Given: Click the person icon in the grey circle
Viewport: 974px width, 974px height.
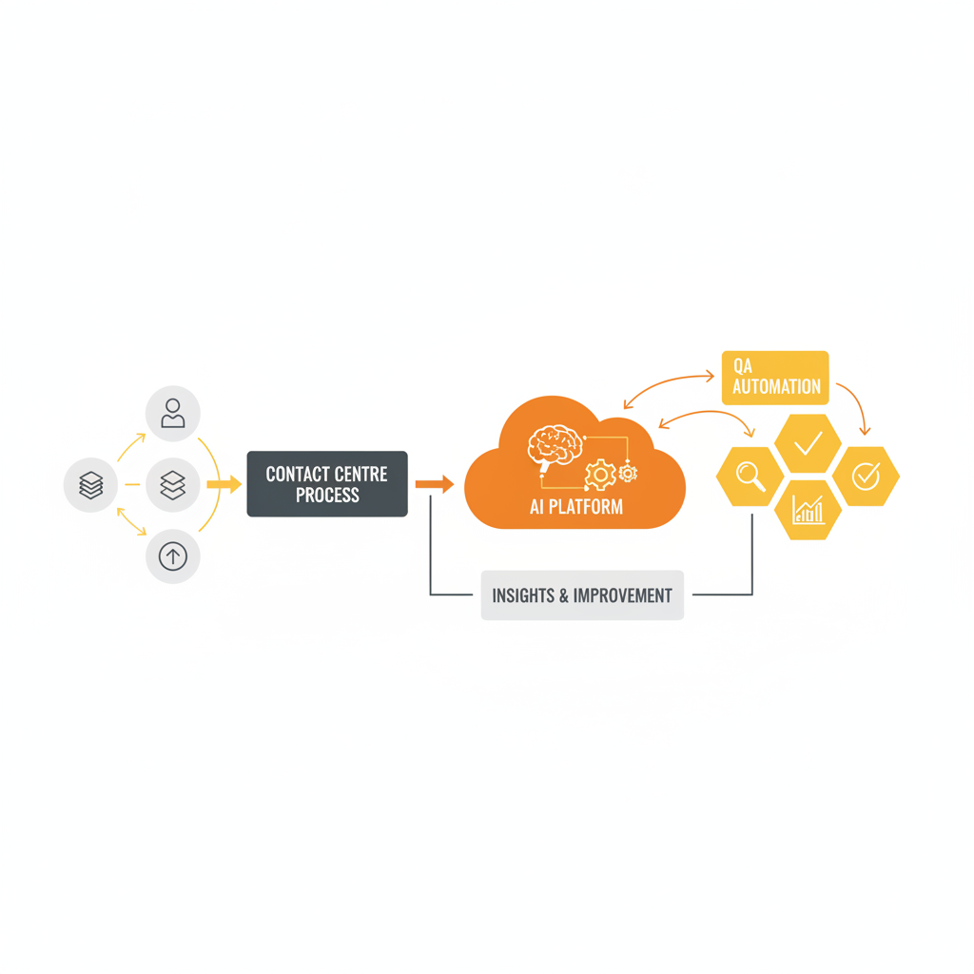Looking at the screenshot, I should pyautogui.click(x=173, y=414).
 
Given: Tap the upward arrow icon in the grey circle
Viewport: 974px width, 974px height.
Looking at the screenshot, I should pyautogui.click(x=173, y=556).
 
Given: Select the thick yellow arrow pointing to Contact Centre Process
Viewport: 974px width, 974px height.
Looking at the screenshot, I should pyautogui.click(x=224, y=485).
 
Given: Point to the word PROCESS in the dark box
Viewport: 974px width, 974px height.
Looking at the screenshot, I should pyautogui.click(x=327, y=496).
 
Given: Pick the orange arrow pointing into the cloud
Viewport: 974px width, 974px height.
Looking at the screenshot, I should pyautogui.click(x=435, y=485).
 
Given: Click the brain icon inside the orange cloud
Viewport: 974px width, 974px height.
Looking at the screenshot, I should pyautogui.click(x=554, y=445).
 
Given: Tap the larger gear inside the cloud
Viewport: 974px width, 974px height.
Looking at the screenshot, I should pyautogui.click(x=599, y=474).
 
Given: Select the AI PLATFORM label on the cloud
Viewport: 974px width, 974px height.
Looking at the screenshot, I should pyautogui.click(x=576, y=507).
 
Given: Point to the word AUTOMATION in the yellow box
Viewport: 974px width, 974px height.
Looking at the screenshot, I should pyautogui.click(x=776, y=387).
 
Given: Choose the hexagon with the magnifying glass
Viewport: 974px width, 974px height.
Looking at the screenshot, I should pyautogui.click(x=750, y=476).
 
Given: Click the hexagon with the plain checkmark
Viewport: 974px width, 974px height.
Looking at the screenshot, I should pyautogui.click(x=808, y=443).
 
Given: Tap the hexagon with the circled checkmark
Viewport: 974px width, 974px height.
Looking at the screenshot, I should pyautogui.click(x=866, y=476).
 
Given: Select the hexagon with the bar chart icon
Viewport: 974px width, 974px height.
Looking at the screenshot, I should pyautogui.click(x=808, y=510).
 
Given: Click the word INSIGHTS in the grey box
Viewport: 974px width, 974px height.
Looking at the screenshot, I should pyautogui.click(x=522, y=596).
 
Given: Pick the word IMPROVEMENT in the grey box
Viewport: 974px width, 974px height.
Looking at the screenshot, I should pyautogui.click(x=624, y=596).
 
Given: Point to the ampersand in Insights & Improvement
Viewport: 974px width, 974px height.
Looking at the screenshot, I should pyautogui.click(x=564, y=596).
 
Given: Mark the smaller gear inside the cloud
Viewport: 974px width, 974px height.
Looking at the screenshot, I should pyautogui.click(x=628, y=473).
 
